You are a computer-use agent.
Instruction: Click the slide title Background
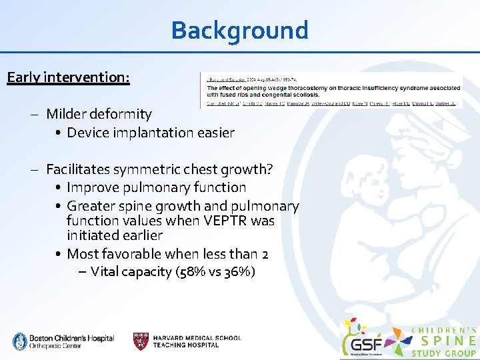(239, 31)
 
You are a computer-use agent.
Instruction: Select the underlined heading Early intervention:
(68, 77)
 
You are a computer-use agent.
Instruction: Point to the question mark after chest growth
(269, 169)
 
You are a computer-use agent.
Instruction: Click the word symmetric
(152, 169)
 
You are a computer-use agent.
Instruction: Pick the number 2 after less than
(265, 254)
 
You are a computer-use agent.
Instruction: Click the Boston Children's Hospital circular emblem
(20, 341)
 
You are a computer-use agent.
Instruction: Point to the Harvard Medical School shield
(141, 341)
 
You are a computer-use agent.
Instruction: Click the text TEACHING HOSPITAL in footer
(185, 345)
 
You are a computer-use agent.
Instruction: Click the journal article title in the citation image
(333, 91)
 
